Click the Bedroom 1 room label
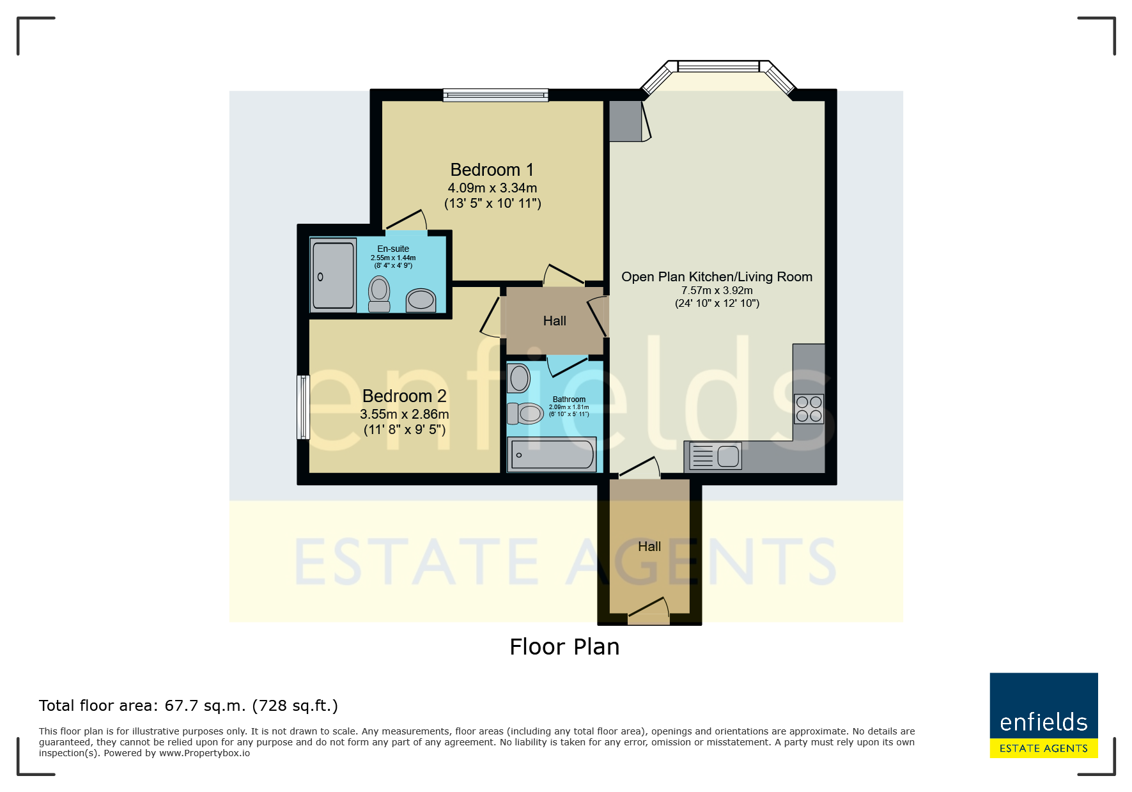tap(492, 170)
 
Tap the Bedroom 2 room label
tap(404, 396)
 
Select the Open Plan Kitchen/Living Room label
tap(717, 277)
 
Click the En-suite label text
tap(393, 249)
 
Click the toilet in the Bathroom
tap(525, 414)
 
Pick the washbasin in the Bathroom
tap(518, 378)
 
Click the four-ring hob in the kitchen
tap(809, 409)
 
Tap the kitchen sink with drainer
tap(716, 456)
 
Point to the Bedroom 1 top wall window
tap(495, 95)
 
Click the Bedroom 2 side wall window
tap(303, 407)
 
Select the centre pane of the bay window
tap(718, 66)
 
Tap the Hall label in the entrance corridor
tap(649, 547)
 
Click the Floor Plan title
tap(564, 647)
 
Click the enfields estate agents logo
tap(1044, 715)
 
